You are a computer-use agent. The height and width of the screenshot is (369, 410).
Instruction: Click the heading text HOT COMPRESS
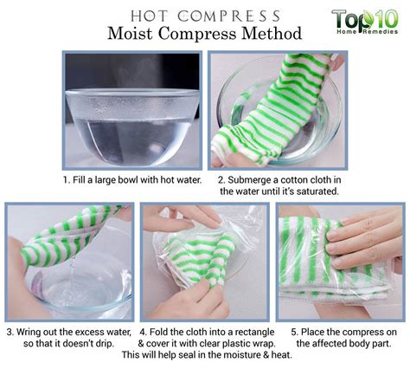click(204, 15)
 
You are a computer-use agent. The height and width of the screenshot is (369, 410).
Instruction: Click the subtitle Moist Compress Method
click(204, 35)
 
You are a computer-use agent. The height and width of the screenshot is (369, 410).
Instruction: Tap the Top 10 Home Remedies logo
click(364, 23)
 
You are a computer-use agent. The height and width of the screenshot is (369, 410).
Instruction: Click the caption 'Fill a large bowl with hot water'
click(138, 180)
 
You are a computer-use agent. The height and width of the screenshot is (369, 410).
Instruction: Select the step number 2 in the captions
click(221, 180)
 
